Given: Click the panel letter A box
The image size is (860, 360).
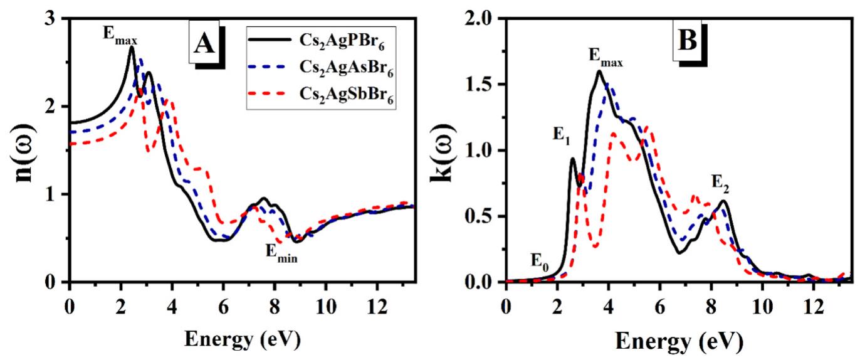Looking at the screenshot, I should pos(205,45).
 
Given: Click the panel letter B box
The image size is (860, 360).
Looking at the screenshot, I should pos(693,41).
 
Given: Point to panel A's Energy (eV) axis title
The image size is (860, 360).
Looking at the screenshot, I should pos(242,339).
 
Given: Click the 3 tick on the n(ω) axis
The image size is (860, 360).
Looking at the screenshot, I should pos(54,19).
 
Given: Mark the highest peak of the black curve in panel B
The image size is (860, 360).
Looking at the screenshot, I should pos(599,71).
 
